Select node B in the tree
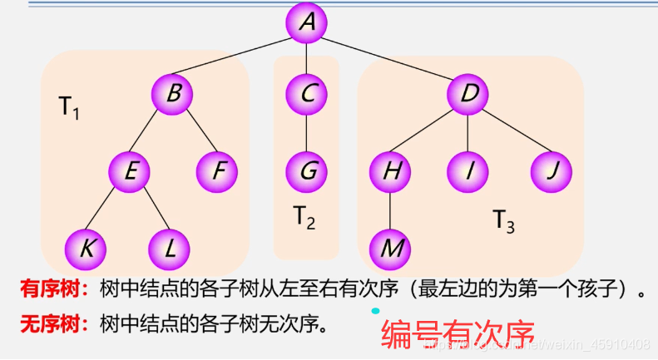(x=172, y=94)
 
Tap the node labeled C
(x=307, y=94)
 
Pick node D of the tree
(x=468, y=94)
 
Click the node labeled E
(x=130, y=172)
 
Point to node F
(x=217, y=172)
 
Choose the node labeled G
(x=307, y=172)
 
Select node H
(x=390, y=172)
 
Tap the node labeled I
(x=468, y=172)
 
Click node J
(x=552, y=172)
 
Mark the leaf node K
(x=87, y=247)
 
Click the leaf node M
(x=390, y=247)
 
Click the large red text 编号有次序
(x=457, y=334)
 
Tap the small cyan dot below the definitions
(x=376, y=311)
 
